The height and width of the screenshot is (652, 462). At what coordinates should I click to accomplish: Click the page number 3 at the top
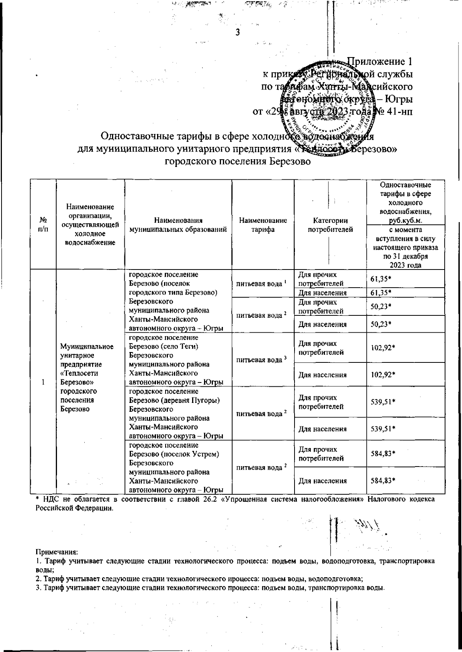pyautogui.click(x=238, y=32)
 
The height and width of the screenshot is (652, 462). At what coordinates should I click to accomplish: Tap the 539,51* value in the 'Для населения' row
pyautogui.click(x=383, y=429)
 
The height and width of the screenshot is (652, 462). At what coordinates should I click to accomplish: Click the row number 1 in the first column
pyautogui.click(x=44, y=382)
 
